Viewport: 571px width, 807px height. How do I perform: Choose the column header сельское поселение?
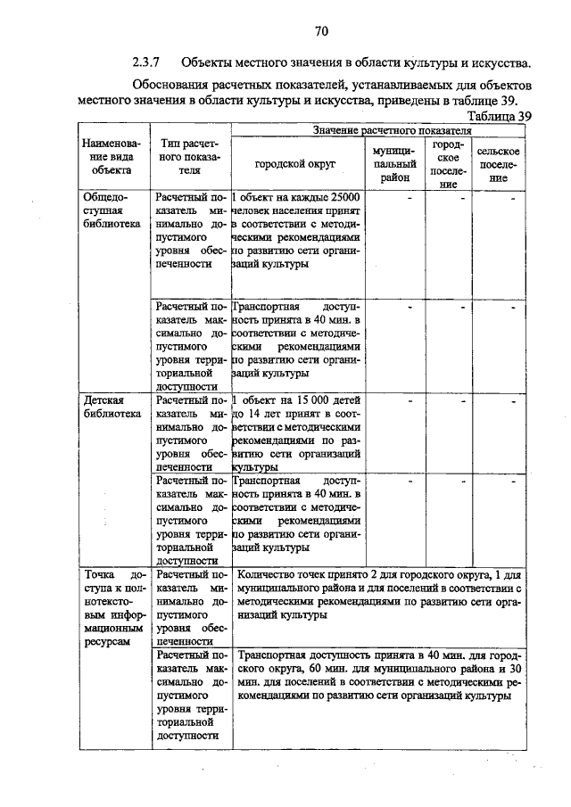pyautogui.click(x=499, y=164)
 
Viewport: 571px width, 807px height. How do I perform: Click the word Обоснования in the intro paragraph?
pyautogui.click(x=173, y=85)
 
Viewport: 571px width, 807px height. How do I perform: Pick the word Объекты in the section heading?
pyautogui.click(x=207, y=62)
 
